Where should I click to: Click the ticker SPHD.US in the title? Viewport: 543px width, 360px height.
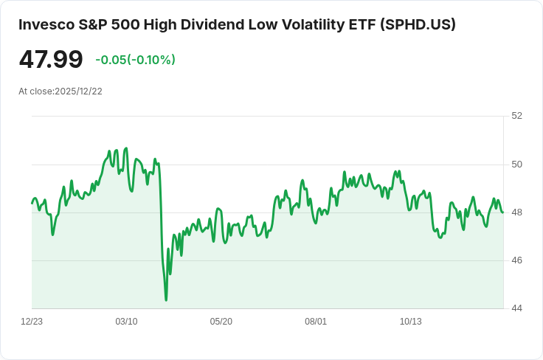pos(418,24)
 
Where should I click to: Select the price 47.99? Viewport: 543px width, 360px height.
pos(51,60)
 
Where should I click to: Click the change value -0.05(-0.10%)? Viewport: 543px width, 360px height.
pos(135,60)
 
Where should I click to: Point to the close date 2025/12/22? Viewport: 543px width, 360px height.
pos(78,91)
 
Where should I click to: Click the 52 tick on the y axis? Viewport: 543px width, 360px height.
pos(516,116)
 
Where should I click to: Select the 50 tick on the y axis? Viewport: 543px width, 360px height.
pos(516,165)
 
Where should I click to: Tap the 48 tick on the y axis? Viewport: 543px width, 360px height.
pos(516,212)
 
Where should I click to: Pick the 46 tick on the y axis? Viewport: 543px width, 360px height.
pos(516,260)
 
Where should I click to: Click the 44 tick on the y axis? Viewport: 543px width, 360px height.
pos(516,308)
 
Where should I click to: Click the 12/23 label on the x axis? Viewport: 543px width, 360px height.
pos(32,322)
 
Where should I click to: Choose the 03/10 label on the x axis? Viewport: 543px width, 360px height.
pos(126,322)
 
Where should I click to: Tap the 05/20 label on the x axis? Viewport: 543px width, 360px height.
pos(221,322)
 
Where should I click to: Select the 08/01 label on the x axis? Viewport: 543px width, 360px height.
pos(316,322)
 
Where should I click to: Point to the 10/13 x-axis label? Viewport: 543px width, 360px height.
pos(410,322)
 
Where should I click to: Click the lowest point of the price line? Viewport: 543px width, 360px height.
pos(166,300)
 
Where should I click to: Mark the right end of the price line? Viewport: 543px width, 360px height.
pos(503,212)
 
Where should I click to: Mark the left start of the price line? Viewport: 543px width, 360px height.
pos(32,203)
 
